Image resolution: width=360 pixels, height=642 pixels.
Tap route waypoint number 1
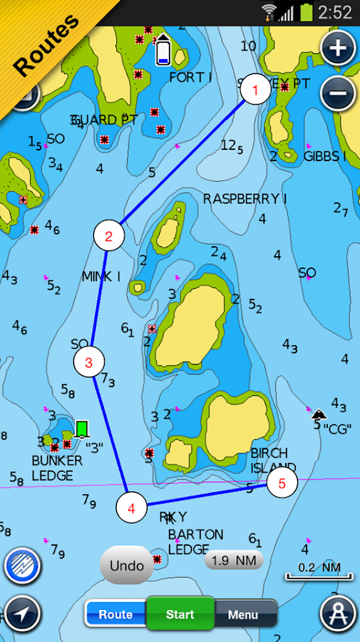tap(255, 91)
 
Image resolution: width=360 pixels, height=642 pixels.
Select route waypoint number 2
tap(108, 236)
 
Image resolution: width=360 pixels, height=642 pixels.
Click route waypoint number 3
tap(88, 362)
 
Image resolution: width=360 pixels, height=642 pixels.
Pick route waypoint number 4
tap(131, 509)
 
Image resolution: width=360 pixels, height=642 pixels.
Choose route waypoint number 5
tap(282, 484)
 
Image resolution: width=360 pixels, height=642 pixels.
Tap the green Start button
tap(180, 614)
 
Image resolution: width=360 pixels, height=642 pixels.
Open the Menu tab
tap(243, 614)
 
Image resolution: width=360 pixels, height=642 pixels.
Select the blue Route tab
tap(115, 614)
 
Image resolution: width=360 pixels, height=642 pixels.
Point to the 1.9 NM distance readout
tap(234, 561)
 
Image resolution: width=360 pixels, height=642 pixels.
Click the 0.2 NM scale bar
tap(319, 570)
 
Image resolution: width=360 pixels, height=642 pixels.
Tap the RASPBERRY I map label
tap(245, 199)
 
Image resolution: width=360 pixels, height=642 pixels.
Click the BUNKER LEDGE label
tap(57, 468)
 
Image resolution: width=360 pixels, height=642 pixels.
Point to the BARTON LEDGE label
tap(195, 541)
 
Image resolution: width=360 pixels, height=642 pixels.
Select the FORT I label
tap(190, 77)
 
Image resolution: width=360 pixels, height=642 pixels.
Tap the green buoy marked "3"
tap(82, 429)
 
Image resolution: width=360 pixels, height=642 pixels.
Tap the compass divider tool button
tap(337, 613)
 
